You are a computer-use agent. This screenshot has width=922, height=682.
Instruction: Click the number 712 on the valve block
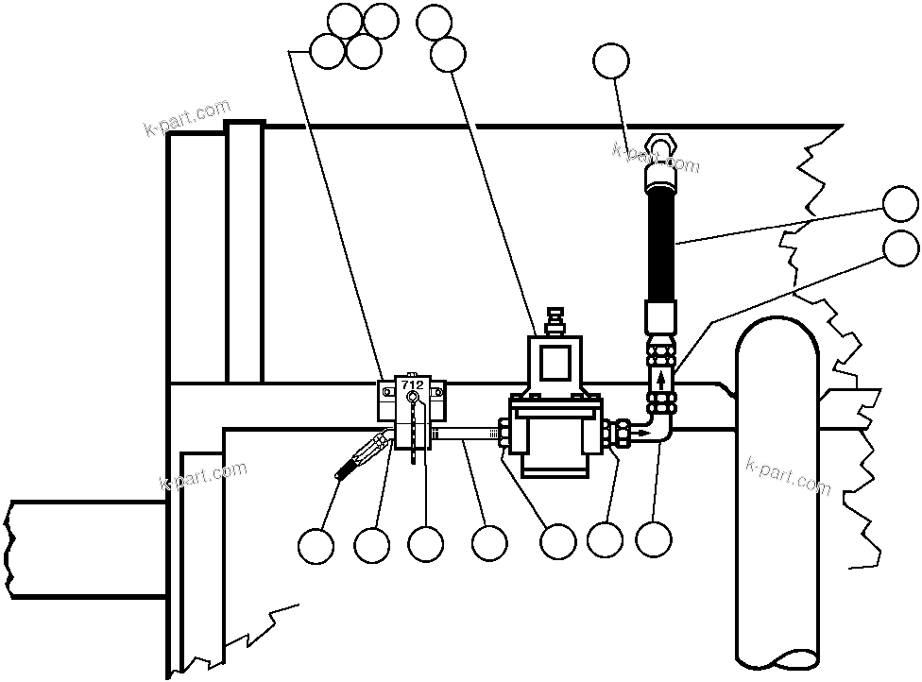coord(412,385)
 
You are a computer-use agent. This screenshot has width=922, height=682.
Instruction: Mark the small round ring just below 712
coord(413,400)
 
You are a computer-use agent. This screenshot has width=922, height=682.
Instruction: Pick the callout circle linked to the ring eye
coord(611,61)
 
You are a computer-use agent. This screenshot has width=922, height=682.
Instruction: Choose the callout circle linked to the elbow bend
coord(654,539)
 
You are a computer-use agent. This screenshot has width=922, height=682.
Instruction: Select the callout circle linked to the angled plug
coord(316,545)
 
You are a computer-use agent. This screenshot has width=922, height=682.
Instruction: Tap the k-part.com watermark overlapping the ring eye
coord(656,158)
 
